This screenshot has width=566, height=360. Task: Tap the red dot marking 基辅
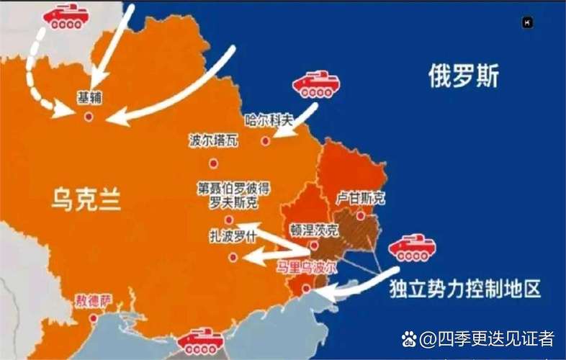tap(89, 116)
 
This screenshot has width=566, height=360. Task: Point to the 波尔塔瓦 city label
tap(214, 141)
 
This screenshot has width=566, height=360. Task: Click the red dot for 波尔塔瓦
tap(213, 163)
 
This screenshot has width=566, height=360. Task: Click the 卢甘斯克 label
tap(360, 197)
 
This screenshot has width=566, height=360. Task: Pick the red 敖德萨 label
tap(91, 300)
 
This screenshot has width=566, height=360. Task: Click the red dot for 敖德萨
tap(93, 318)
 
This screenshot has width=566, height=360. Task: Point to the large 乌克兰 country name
tap(86, 198)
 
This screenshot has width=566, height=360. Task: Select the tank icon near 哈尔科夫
tap(315, 85)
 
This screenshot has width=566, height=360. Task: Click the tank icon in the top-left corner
tap(66, 16)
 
